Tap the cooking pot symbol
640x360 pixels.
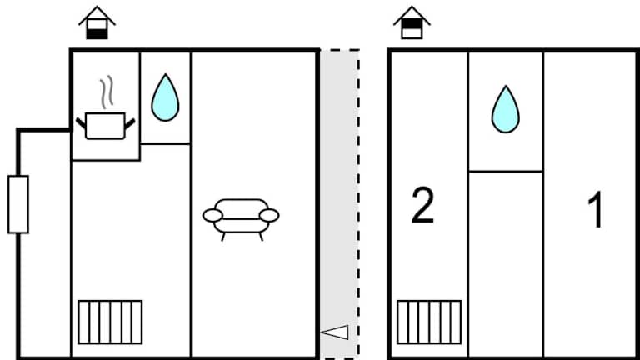tap(104, 126)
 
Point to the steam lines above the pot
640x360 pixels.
tap(104, 93)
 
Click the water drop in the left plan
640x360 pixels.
tap(165, 98)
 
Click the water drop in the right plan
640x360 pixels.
tap(505, 110)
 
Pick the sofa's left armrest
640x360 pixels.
tap(213, 216)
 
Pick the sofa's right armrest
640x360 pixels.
tap(268, 216)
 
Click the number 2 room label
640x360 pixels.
tap(423, 207)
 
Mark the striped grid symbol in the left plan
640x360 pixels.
tap(110, 322)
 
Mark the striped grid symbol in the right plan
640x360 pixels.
tap(429, 322)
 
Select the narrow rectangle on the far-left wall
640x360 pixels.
tap(17, 204)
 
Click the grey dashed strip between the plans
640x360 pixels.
tap(339, 192)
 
